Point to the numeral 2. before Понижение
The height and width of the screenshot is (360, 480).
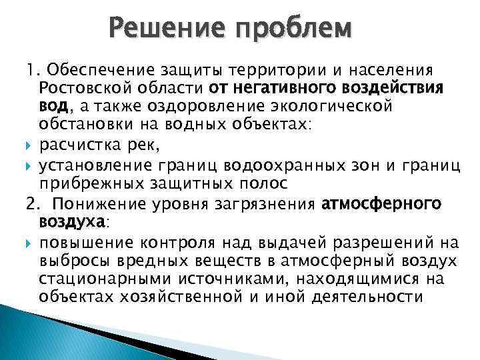coord(33,203)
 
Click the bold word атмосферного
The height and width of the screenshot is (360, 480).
coord(381,203)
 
